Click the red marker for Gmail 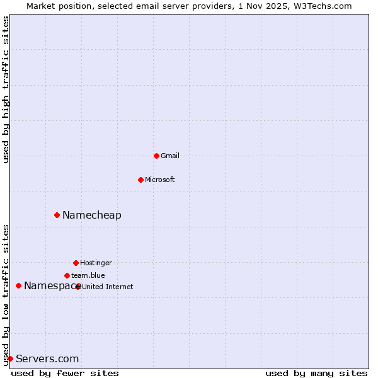pyautogui.click(x=156, y=156)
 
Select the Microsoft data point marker pyautogui.click(x=140, y=180)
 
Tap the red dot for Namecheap pyautogui.click(x=57, y=215)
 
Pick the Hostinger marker pyautogui.click(x=76, y=263)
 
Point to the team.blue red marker pyautogui.click(x=67, y=275)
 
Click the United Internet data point pyautogui.click(x=78, y=287)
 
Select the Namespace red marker pyautogui.click(x=18, y=285)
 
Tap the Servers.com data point pyautogui.click(x=10, y=358)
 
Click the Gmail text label pyautogui.click(x=170, y=156)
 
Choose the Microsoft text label pyautogui.click(x=160, y=180)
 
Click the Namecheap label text pyautogui.click(x=92, y=215)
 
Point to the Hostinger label pyautogui.click(x=96, y=263)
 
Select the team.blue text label pyautogui.click(x=88, y=275)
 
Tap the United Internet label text pyautogui.click(x=108, y=287)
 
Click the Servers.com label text pyautogui.click(x=47, y=358)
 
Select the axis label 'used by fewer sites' pyautogui.click(x=65, y=373)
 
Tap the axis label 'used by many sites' pyautogui.click(x=316, y=373)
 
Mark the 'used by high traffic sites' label pyautogui.click(x=6, y=89)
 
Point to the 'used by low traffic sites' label pyautogui.click(x=6, y=295)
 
